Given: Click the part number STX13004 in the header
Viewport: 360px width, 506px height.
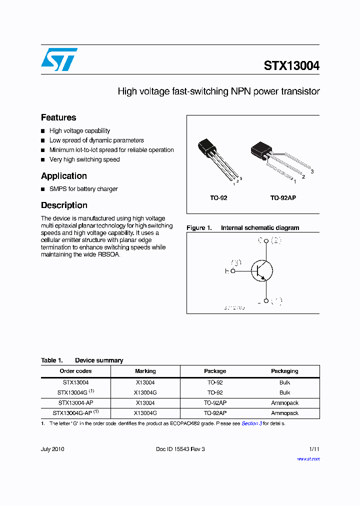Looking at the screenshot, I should pyautogui.click(x=291, y=66).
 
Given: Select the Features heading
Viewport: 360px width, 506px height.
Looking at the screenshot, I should pyautogui.click(x=58, y=117).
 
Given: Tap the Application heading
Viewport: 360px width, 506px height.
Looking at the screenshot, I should pyautogui.click(x=64, y=176).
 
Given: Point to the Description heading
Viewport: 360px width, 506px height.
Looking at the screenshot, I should pyautogui.click(x=64, y=205).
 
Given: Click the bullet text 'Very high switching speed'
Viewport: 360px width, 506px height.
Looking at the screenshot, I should pyautogui.click(x=84, y=159).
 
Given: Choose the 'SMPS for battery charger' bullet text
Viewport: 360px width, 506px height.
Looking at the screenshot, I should pyautogui.click(x=83, y=189).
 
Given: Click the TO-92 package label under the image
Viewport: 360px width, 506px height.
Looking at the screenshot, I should pyautogui.click(x=218, y=198).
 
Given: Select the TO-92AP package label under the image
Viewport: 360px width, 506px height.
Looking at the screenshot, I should pyautogui.click(x=283, y=198).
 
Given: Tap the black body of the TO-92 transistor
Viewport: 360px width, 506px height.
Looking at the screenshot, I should pyautogui.click(x=206, y=147).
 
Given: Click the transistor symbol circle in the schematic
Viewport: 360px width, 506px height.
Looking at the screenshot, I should pyautogui.click(x=261, y=271).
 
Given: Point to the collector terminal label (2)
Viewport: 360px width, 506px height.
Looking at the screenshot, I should pyautogui.click(x=276, y=240).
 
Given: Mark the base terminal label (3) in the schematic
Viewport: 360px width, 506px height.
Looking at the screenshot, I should pyautogui.click(x=236, y=263).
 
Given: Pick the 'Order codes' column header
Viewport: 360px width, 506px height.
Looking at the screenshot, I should pyautogui.click(x=75, y=371).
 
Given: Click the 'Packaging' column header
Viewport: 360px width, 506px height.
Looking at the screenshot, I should pyautogui.click(x=284, y=371).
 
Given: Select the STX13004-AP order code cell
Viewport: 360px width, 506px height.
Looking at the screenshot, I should pyautogui.click(x=75, y=403).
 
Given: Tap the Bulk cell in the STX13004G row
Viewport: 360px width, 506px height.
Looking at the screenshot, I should pyautogui.click(x=284, y=392).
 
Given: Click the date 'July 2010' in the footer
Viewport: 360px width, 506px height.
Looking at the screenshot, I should pyautogui.click(x=52, y=449).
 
